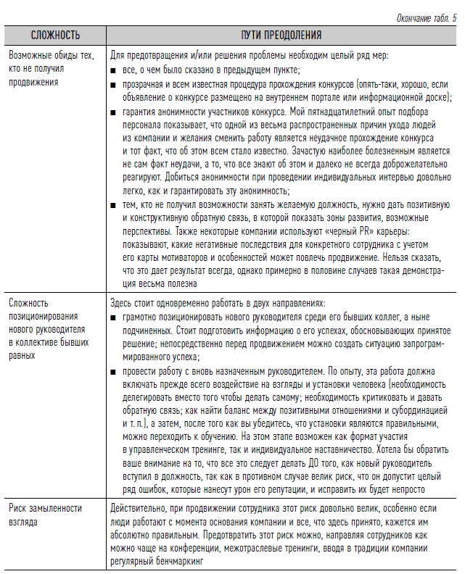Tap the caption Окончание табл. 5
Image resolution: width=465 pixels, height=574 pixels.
click(421, 18)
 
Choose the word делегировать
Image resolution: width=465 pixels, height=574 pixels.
click(146, 399)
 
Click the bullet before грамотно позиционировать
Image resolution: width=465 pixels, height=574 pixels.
click(114, 318)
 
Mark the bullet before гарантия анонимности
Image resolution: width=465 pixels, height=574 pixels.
click(114, 112)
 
